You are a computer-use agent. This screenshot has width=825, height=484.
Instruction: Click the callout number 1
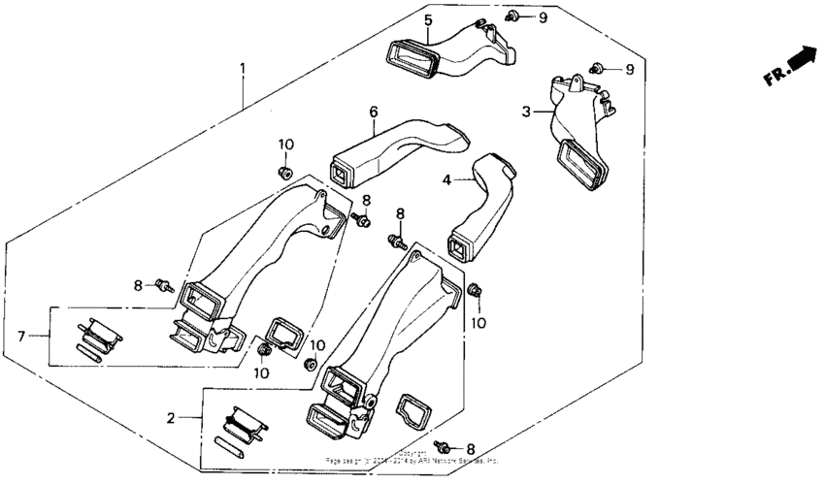(x=244, y=69)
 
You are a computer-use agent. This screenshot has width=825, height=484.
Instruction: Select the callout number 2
(x=172, y=418)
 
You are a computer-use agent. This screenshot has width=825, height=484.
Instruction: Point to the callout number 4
(x=446, y=179)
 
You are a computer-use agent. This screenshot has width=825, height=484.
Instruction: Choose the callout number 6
(x=373, y=113)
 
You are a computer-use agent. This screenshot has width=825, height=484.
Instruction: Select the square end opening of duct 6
(x=341, y=175)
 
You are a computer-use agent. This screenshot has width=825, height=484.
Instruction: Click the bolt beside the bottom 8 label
(x=444, y=448)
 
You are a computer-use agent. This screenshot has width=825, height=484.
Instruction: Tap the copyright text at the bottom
(x=412, y=458)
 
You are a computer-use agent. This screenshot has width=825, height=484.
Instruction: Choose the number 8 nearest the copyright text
(x=472, y=449)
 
